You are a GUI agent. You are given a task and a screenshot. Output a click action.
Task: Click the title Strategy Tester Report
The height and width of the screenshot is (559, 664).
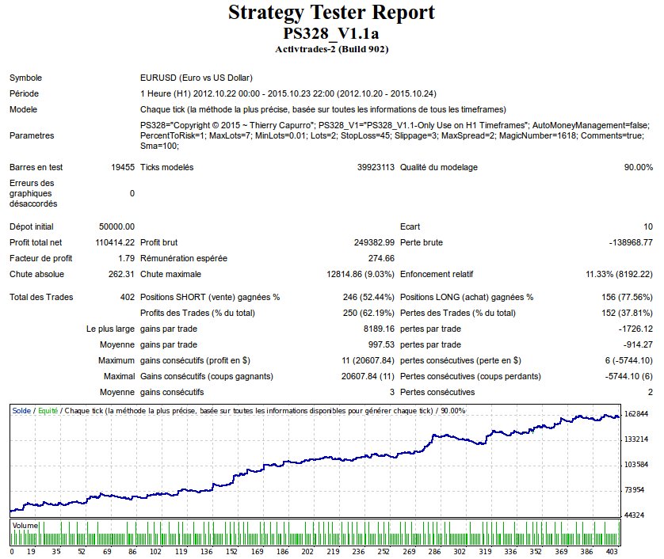[331, 13]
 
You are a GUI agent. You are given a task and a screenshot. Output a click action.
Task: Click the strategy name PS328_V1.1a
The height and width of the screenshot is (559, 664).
[331, 34]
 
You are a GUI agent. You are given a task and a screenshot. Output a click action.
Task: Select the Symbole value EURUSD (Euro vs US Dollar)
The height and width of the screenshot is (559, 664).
[196, 78]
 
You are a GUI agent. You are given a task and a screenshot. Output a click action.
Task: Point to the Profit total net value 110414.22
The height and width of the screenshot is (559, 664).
[113, 242]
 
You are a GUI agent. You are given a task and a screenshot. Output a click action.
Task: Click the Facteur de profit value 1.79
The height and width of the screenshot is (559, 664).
[126, 258]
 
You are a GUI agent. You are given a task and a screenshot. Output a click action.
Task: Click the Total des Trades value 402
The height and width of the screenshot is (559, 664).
[127, 298]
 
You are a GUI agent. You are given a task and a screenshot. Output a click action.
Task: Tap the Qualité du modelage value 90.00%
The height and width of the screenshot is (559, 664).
[638, 167]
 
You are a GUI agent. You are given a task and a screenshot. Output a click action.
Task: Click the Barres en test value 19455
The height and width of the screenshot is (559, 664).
[123, 167]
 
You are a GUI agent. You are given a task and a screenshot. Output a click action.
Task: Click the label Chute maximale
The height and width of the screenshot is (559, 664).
[170, 274]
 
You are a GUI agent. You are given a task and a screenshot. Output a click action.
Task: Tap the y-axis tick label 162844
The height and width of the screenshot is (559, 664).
[637, 414]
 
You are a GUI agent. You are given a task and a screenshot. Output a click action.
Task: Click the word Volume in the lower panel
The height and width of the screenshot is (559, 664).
[25, 524]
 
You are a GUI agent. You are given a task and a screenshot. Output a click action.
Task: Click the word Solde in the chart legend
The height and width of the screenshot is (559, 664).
[21, 411]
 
